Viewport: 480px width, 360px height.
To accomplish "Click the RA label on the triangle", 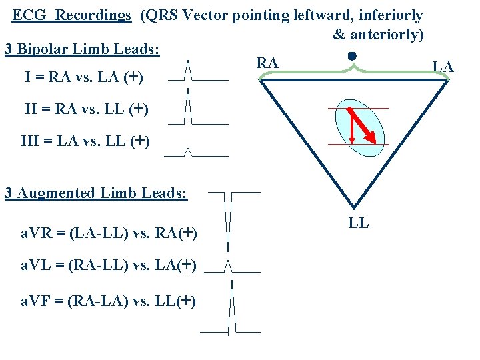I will point(267,63).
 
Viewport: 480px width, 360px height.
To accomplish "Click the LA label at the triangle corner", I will point(443,65).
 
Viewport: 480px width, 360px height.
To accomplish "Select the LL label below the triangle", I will point(359,223).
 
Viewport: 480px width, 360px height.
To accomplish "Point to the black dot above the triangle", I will point(352,57).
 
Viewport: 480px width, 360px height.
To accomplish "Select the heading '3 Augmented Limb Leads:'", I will point(96,193).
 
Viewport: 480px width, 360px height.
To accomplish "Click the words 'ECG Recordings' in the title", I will point(72,15).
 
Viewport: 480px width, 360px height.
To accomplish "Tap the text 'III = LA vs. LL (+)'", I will point(85,141).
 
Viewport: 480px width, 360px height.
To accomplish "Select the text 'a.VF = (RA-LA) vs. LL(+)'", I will point(107,301).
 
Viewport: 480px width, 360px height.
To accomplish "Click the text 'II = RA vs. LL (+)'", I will point(86,109).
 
